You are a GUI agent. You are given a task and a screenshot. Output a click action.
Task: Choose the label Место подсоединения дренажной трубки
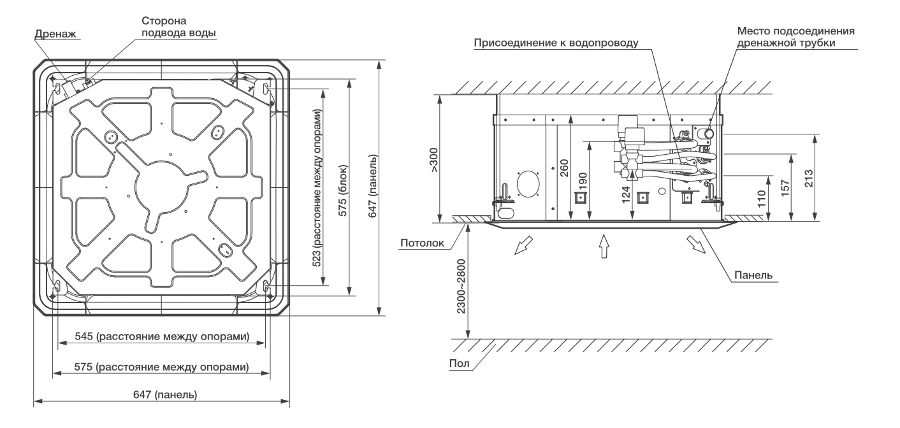click(x=795, y=37)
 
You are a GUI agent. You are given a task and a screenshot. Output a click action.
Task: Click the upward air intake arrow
click(x=604, y=245)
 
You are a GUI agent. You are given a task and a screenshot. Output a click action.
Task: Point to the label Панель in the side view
click(x=753, y=275)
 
